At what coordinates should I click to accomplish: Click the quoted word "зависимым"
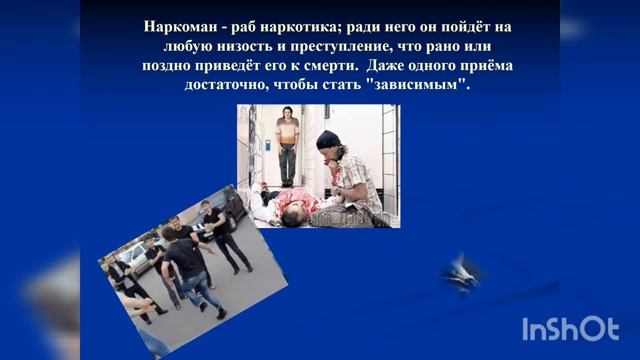(x=419, y=86)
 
